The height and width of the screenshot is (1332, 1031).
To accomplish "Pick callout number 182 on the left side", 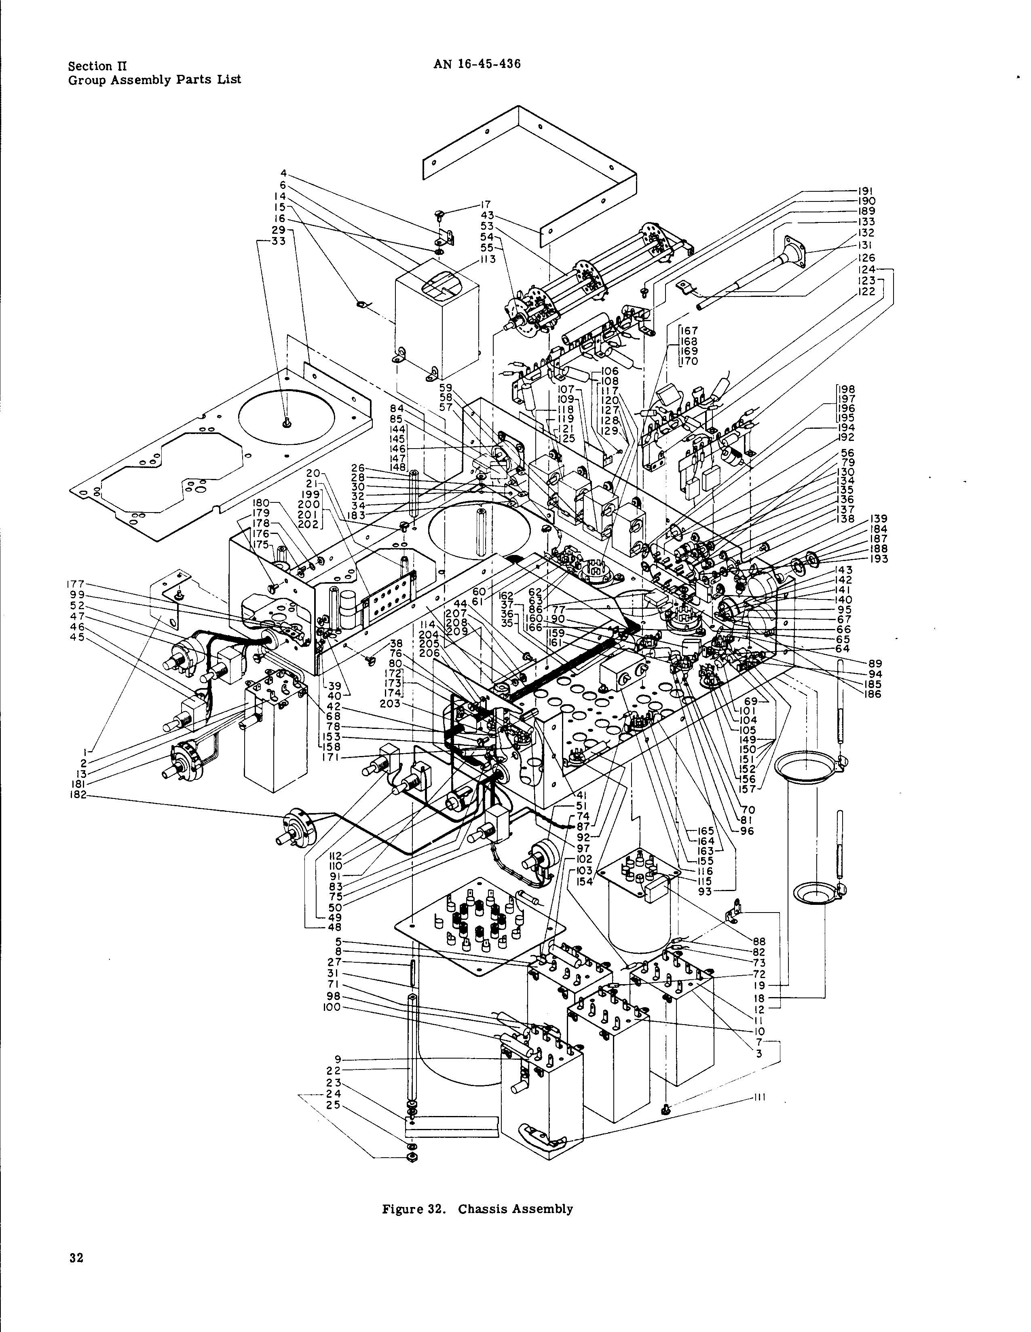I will click(78, 795).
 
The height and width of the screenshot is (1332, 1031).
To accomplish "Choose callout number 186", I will click(873, 694).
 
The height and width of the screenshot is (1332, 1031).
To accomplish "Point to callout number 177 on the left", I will click(77, 584).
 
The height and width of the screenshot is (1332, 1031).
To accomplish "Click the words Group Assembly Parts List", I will click(154, 80).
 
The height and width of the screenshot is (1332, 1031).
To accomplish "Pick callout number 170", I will click(690, 361).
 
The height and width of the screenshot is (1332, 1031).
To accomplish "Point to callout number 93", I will click(706, 892).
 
